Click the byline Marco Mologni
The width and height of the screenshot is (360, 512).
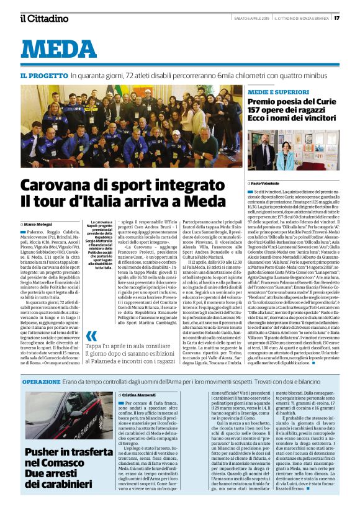(x=38, y=223)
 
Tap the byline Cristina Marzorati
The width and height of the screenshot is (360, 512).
(x=140, y=394)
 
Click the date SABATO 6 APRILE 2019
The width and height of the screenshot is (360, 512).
(x=243, y=17)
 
